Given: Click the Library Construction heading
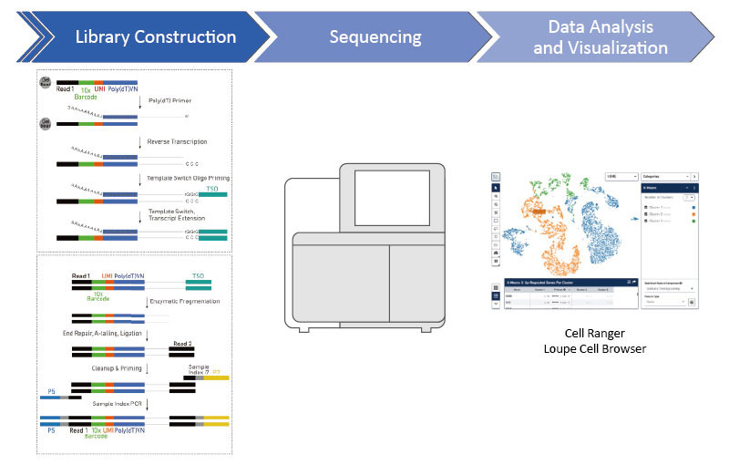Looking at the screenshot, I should pyautogui.click(x=155, y=37).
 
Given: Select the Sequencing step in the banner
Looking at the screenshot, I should pyautogui.click(x=375, y=37).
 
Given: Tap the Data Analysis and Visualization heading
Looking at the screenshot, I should pyautogui.click(x=601, y=37).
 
